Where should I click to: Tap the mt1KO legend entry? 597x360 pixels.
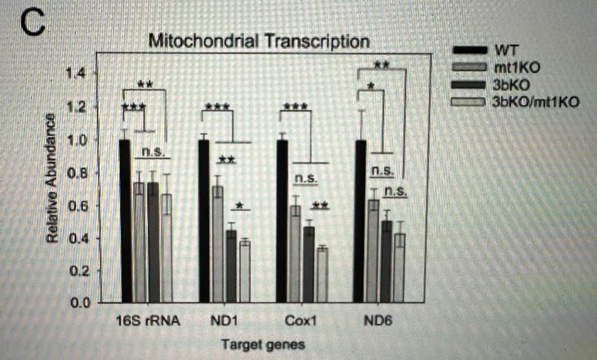tap(516, 66)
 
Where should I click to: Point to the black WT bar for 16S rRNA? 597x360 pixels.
tap(124, 221)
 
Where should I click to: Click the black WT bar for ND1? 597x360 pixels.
tap(203, 221)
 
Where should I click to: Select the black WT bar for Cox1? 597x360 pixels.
tap(282, 221)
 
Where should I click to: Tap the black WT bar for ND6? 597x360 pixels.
tap(361, 221)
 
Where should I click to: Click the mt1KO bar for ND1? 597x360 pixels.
tap(217, 245)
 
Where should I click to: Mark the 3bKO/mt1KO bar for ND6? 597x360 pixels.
tap(399, 268)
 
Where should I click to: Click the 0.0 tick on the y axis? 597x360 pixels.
tap(76, 303)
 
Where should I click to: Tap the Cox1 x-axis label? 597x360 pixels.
tap(299, 322)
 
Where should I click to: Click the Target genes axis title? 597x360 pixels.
tap(262, 344)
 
